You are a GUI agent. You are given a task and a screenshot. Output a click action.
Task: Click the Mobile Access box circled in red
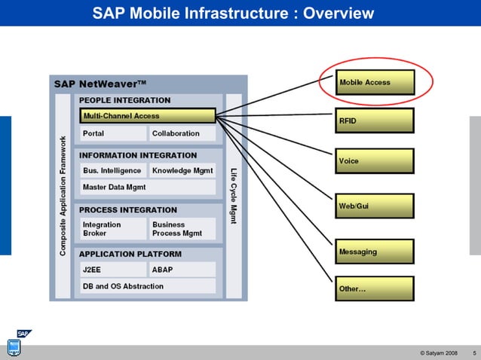(375, 82)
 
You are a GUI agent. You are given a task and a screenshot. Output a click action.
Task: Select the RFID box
(375, 121)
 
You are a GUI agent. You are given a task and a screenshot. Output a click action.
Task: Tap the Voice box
(375, 161)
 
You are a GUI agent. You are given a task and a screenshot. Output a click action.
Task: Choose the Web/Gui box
(375, 206)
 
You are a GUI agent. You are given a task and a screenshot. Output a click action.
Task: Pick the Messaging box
(375, 252)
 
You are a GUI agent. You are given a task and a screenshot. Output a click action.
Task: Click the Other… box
(375, 288)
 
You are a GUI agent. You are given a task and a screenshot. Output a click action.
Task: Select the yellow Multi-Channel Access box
(148, 116)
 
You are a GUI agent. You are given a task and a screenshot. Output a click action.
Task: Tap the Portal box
(113, 133)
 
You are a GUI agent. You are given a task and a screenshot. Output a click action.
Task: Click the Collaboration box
(182, 133)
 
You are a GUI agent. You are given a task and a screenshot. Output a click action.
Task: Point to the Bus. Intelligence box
(113, 171)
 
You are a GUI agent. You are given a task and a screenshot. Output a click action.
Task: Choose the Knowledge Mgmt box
(182, 171)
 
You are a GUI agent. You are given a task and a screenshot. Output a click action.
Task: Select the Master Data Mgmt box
(148, 187)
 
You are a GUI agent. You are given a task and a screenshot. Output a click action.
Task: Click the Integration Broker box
(113, 229)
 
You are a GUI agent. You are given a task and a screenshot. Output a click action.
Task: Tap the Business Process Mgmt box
(182, 229)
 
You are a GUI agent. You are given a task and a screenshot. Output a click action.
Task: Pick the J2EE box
(113, 270)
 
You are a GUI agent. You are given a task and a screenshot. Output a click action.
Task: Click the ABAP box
(182, 270)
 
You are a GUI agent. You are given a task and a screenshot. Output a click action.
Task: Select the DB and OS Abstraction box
(148, 286)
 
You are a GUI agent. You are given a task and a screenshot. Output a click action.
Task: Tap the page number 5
(473, 352)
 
